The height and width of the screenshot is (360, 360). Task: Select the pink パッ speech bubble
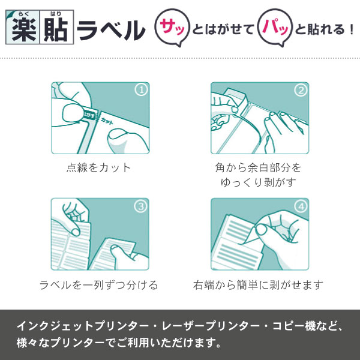tap(272, 28)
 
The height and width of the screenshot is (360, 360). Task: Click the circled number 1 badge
tap(140, 91)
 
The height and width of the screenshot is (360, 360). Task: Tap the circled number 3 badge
tap(140, 206)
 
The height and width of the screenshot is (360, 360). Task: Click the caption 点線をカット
tap(98, 167)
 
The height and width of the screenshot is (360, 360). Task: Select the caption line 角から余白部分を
tap(259, 167)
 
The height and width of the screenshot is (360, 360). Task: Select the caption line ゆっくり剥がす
tap(259, 182)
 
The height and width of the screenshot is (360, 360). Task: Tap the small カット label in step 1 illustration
tap(107, 121)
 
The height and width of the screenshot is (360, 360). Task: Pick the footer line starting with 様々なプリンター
tap(118, 344)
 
